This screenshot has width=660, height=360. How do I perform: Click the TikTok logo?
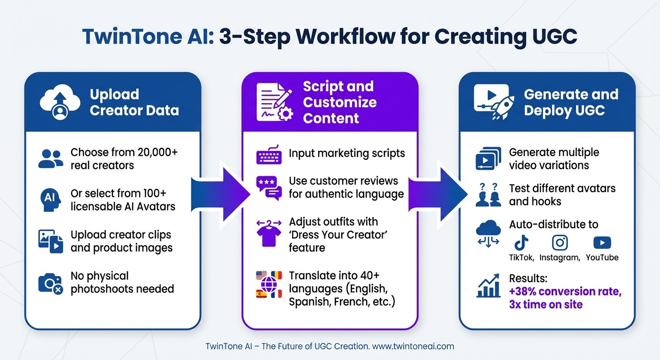click(521, 242)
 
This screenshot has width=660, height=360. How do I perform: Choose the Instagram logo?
click(560, 242)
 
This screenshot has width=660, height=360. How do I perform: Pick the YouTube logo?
click(601, 242)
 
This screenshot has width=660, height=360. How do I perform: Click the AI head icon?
click(50, 199)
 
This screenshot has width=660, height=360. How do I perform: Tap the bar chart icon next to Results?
click(488, 286)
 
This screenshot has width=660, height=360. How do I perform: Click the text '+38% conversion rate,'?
click(565, 291)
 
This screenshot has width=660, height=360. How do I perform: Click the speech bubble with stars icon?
click(269, 187)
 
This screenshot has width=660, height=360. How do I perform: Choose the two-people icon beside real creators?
click(51, 159)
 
